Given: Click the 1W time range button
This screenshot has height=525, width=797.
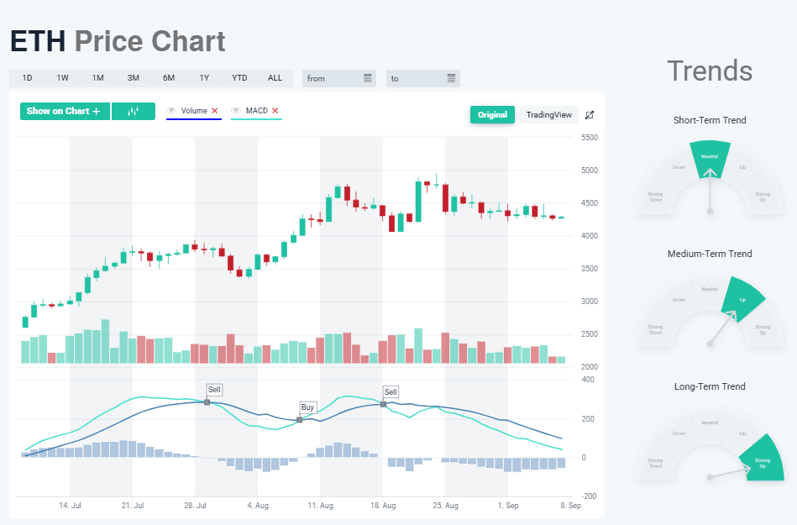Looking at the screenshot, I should pos(63,78).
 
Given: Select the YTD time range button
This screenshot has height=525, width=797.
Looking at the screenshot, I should pos(239,78).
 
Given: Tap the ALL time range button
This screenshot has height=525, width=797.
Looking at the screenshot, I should pos(275,78).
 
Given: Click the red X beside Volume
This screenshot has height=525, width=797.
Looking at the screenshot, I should pos(215,111).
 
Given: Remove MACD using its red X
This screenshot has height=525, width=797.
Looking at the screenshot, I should pos(275,111).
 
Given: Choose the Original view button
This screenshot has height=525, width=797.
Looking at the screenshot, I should pos(492,115).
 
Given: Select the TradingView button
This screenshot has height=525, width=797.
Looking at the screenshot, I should pos(548,115).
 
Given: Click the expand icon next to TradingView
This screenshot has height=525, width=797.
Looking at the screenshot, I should pos(590,115).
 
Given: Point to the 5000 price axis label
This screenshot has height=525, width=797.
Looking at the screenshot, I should pos(589,171).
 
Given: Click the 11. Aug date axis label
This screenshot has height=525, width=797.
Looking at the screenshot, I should pos(321,507).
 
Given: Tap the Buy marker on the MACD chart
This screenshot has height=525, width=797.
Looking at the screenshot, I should pos(307,407).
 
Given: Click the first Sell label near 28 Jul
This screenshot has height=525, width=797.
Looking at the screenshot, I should pos(214,390).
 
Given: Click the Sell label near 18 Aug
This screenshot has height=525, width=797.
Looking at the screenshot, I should pos(391,391).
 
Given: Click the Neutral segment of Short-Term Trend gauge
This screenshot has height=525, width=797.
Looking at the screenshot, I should pos(710,158).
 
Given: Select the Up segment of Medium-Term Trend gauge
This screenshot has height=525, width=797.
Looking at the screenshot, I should pos(742,297).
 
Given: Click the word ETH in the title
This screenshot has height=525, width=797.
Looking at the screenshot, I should pos(37,41).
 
